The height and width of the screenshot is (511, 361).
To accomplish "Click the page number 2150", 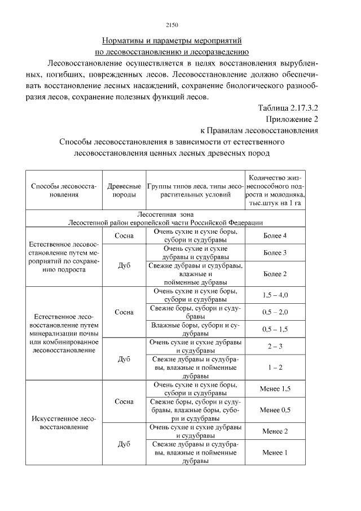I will pyautogui.click(x=173, y=24).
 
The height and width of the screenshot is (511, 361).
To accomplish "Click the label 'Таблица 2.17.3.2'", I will pyautogui.click(x=288, y=108).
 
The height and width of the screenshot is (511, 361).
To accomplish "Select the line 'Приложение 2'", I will pyautogui.click(x=292, y=119).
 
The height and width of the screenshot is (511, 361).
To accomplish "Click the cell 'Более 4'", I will pyautogui.click(x=275, y=235).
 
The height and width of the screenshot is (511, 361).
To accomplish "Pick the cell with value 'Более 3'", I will pyautogui.click(x=275, y=252).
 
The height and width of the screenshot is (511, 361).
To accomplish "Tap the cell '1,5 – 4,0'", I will pyautogui.click(x=275, y=295).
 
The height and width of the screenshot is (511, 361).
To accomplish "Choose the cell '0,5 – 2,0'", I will pyautogui.click(x=275, y=312).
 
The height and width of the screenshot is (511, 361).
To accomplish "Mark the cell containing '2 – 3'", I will pyautogui.click(x=275, y=346).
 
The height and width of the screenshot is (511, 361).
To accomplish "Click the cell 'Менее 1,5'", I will pyautogui.click(x=275, y=389).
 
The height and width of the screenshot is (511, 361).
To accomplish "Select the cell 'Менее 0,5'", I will pyautogui.click(x=275, y=410).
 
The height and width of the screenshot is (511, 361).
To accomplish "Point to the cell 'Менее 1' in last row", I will pyautogui.click(x=275, y=452).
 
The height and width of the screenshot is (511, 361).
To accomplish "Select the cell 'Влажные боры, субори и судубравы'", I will pyautogui.click(x=196, y=329).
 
